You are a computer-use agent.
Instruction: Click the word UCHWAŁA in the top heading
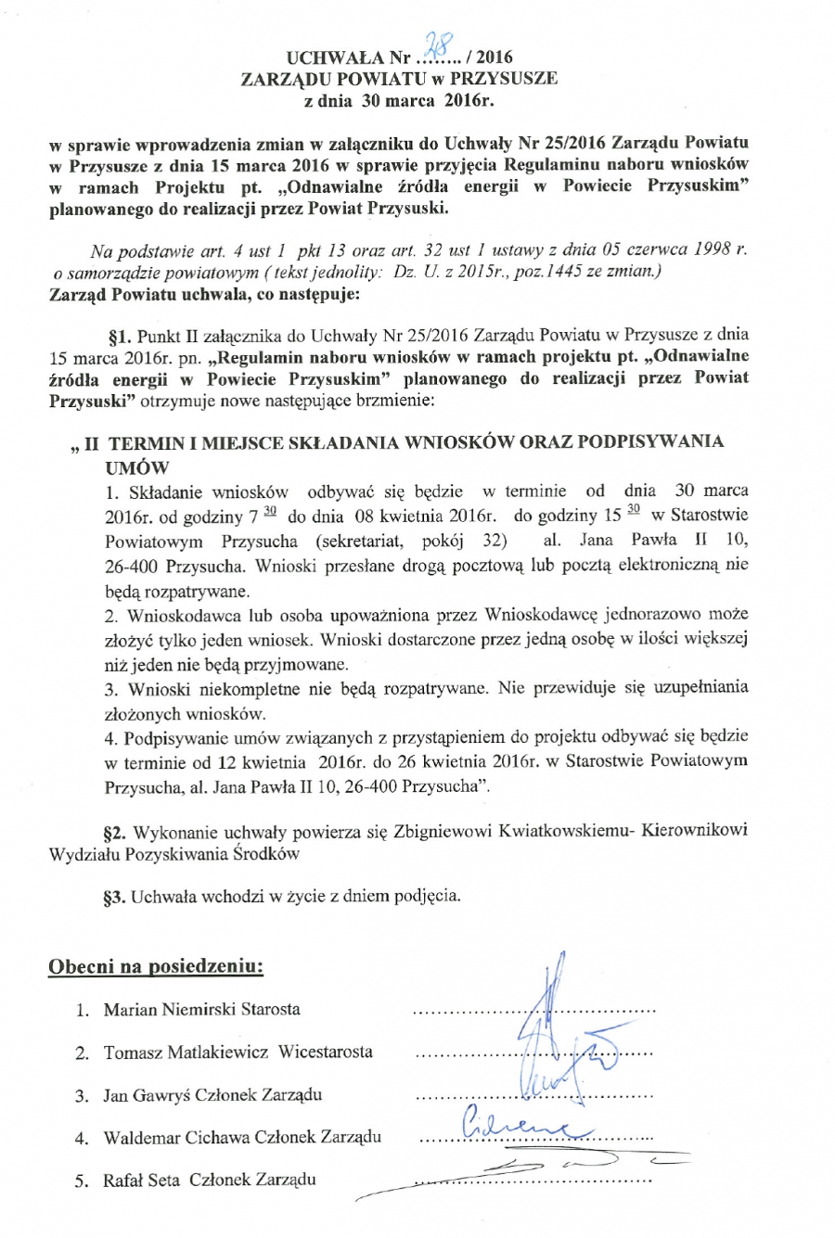click(327, 57)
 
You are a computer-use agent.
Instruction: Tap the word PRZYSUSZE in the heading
click(502, 79)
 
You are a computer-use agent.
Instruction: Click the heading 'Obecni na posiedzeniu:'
click(156, 966)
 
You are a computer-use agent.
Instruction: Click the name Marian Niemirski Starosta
click(202, 1009)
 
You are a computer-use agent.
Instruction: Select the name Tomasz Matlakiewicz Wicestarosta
click(238, 1052)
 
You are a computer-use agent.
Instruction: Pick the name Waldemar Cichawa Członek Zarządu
click(242, 1137)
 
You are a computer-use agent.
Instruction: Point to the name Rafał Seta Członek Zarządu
click(210, 1180)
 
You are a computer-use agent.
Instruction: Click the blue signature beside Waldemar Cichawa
click(515, 1123)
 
